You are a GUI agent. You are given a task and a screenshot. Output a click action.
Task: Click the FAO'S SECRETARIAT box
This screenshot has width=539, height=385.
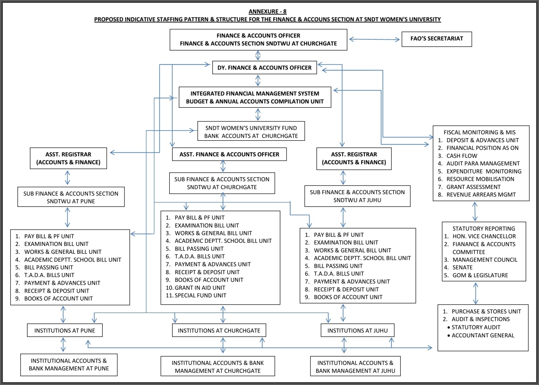(x=437, y=39)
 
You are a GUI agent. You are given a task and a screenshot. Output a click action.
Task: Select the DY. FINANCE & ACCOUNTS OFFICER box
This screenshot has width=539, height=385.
(x=264, y=68)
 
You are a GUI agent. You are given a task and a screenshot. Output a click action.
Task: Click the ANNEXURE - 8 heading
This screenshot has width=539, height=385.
(x=267, y=11)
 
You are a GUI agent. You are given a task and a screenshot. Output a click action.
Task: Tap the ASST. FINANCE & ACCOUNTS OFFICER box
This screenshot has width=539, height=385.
(x=229, y=154)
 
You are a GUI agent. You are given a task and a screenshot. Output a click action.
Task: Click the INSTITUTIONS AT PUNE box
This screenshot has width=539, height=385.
(x=65, y=330)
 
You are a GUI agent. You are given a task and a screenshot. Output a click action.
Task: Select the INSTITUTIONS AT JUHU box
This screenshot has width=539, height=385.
(x=357, y=330)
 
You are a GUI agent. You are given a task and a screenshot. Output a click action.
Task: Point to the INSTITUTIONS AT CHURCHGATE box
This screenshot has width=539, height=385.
(x=219, y=330)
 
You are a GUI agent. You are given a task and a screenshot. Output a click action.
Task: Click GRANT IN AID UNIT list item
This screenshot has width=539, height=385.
(x=200, y=288)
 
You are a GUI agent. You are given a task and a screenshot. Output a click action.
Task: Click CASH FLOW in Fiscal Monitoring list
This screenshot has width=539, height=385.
(x=462, y=156)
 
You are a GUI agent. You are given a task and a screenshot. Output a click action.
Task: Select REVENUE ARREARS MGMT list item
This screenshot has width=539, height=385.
(x=481, y=194)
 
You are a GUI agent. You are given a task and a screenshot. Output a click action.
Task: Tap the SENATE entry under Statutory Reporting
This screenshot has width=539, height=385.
(x=462, y=267)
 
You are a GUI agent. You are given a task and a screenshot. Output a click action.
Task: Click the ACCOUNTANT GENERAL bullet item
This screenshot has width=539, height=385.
(x=482, y=335)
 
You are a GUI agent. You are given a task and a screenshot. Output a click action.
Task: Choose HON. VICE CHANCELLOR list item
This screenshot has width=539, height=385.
(x=484, y=236)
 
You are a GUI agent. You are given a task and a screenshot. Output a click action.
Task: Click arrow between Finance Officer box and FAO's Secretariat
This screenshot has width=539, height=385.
(x=374, y=39)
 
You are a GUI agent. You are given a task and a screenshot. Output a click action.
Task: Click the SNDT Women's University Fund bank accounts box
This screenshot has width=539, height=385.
(x=251, y=132)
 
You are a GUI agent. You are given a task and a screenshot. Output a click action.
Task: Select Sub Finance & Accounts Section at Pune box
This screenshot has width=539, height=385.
(x=71, y=197)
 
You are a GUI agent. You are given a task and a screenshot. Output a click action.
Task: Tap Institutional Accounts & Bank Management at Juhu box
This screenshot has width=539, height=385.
(x=355, y=367)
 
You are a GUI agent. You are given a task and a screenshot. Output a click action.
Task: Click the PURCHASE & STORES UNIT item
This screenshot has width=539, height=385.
(x=486, y=311)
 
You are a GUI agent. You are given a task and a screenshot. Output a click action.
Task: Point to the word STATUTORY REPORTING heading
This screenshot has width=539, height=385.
(x=484, y=229)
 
